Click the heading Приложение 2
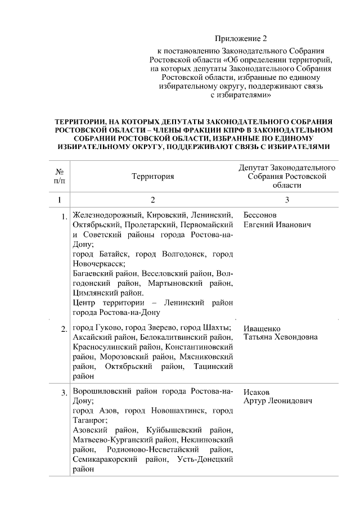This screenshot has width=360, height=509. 240,39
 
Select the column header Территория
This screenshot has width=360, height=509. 153,176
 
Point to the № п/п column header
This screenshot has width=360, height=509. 58,176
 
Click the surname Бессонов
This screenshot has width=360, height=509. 261,215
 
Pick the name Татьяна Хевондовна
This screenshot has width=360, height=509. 280,337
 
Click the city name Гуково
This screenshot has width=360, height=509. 106,328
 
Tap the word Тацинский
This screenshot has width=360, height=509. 213,367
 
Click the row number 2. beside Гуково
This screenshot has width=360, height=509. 64,329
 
